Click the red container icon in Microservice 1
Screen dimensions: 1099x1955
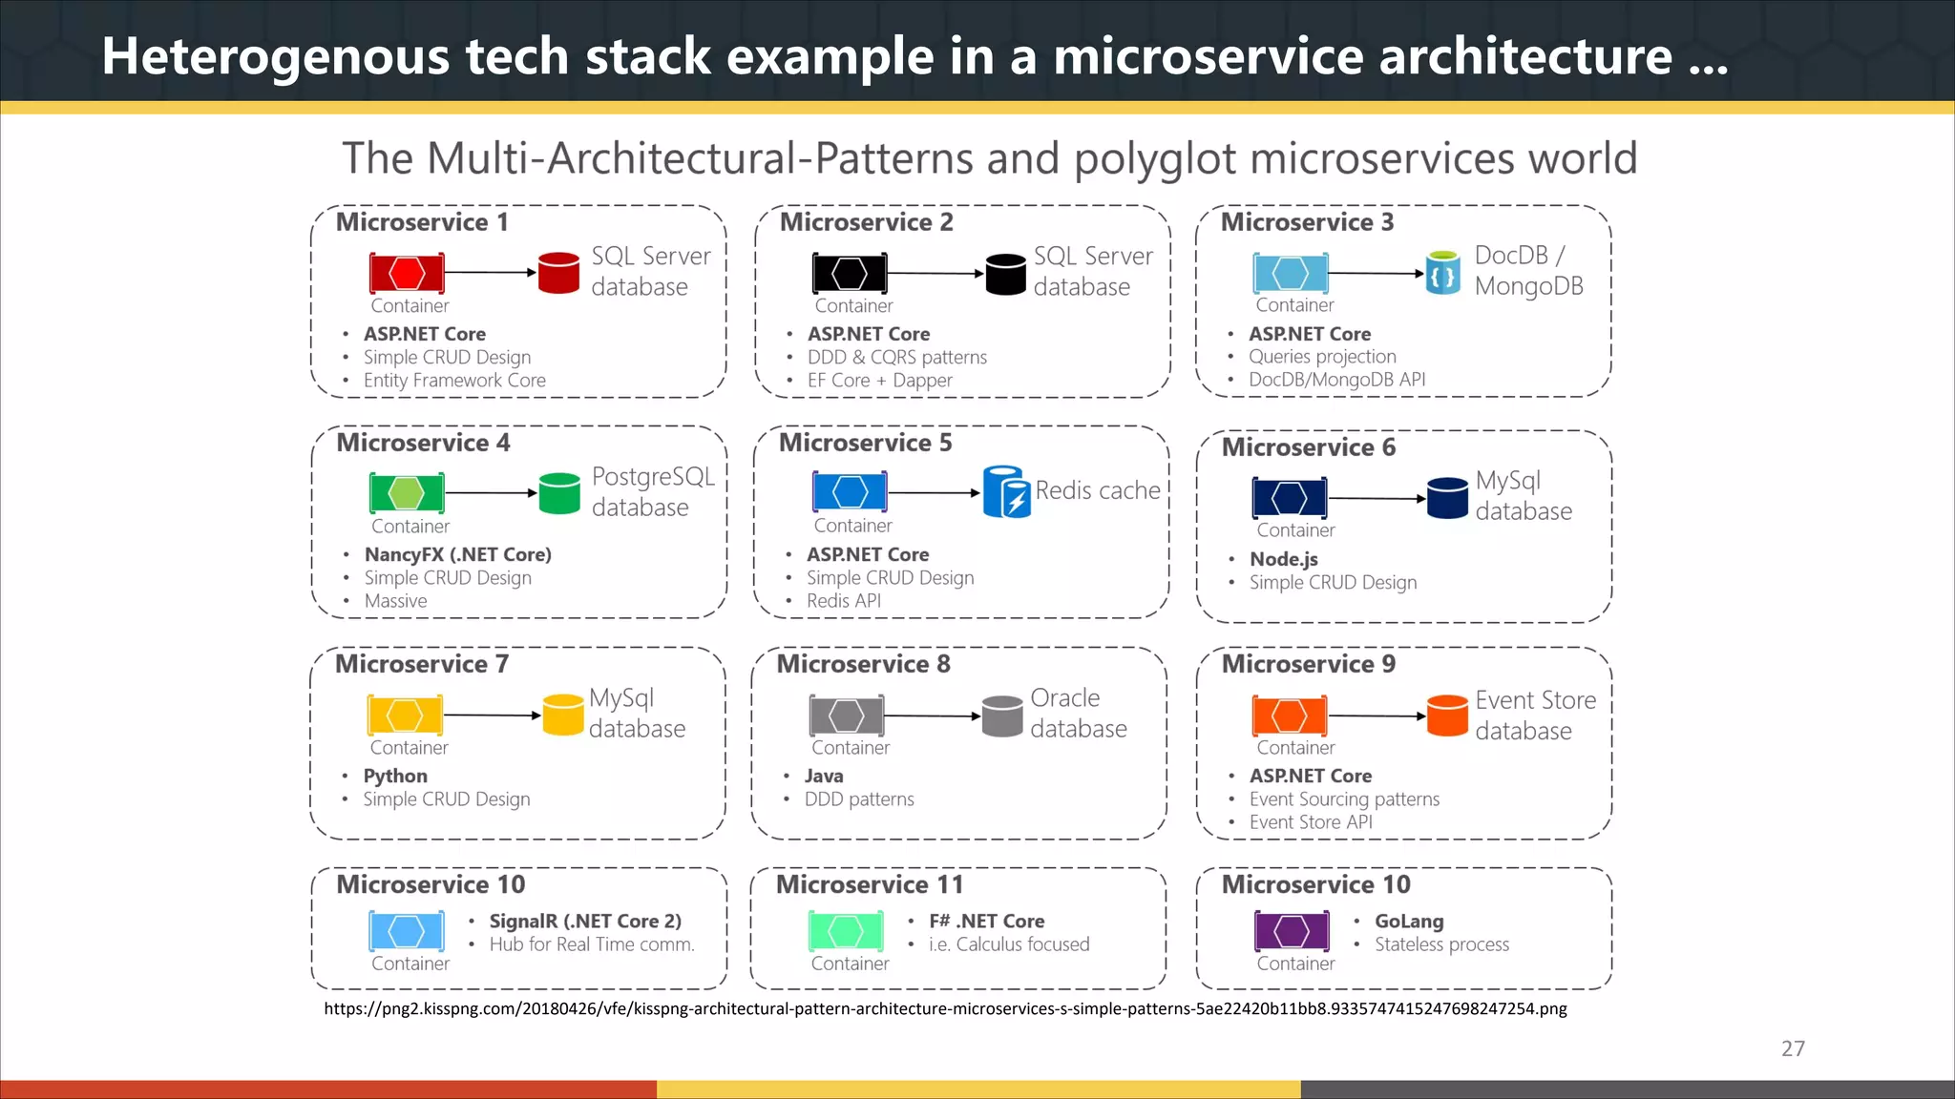[407, 273]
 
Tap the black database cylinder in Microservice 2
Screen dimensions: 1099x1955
[1005, 274]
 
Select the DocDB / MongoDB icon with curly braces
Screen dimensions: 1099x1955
[1442, 273]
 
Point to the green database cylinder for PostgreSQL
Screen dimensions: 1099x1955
[559, 493]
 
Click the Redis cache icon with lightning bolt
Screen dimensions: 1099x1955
[1006, 491]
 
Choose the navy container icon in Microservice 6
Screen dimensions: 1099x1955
[1289, 498]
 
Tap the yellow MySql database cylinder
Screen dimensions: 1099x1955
[563, 715]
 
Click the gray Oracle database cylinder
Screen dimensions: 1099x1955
[1002, 715]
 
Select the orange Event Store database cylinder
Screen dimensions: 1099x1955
[1447, 715]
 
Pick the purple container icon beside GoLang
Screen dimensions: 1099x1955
[1292, 931]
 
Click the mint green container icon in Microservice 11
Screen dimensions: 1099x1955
[846, 931]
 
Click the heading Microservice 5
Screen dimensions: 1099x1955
[865, 443]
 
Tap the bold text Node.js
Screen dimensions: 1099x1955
[1284, 559]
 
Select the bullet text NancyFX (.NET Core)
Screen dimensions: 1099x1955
[457, 554]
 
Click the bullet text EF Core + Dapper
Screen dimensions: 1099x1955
[879, 380]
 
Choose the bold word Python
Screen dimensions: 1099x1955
[395, 776]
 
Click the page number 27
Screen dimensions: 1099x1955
[1793, 1048]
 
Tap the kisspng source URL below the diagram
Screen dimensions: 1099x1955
[945, 1008]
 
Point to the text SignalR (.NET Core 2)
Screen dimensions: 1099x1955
[585, 921]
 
